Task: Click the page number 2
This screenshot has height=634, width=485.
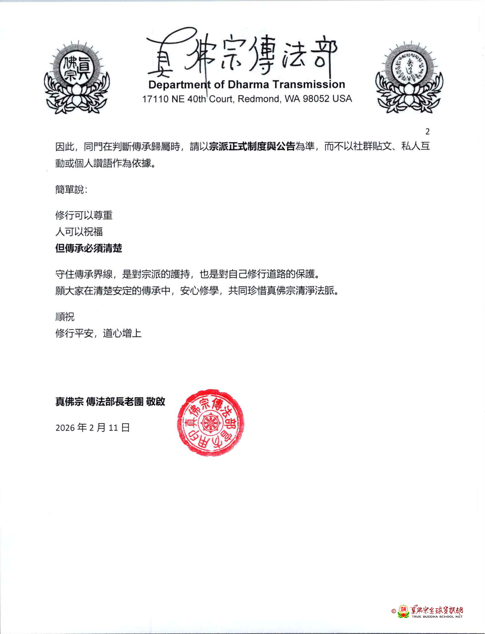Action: click(x=427, y=132)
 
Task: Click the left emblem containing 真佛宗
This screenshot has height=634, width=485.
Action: click(x=77, y=78)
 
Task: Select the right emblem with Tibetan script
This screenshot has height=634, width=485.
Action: click(x=409, y=78)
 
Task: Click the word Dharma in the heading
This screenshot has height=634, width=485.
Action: click(x=249, y=85)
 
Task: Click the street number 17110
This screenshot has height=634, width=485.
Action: click(x=155, y=99)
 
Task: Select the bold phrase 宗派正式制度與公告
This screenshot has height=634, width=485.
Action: click(x=252, y=146)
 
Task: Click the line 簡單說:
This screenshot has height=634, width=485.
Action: click(x=71, y=190)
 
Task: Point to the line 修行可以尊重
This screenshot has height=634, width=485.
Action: click(x=84, y=215)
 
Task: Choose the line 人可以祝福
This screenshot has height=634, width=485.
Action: click(x=79, y=232)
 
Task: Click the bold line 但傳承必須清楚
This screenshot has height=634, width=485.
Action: click(x=89, y=248)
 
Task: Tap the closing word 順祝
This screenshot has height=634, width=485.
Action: click(x=65, y=317)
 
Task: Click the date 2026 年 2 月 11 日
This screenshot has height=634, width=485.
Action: click(x=92, y=428)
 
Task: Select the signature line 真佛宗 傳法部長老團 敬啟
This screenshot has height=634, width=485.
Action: click(x=110, y=402)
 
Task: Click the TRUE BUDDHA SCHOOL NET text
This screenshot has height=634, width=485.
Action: click(x=437, y=617)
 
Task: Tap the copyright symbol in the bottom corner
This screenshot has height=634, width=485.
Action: click(x=394, y=611)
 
